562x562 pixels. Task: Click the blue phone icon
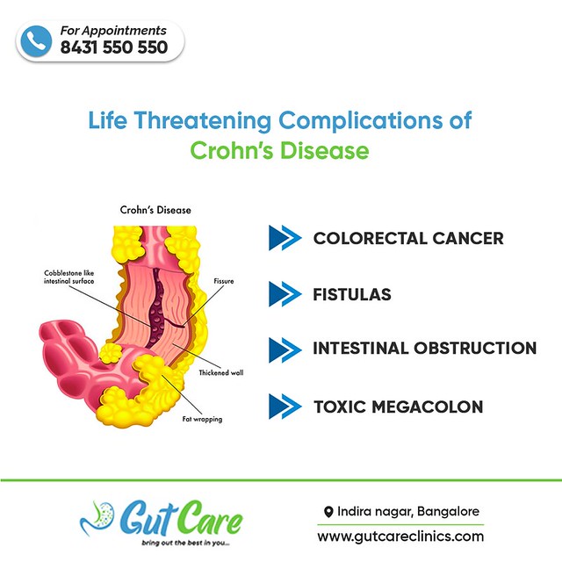[x=37, y=41]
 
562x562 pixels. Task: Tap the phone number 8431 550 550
[x=114, y=48]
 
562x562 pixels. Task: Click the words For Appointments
[x=113, y=31]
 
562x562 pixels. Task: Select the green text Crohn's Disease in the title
[x=280, y=150]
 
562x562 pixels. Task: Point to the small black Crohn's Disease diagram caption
[x=155, y=211]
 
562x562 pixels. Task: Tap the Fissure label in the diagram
[x=225, y=281]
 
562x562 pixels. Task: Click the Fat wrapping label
[x=202, y=419]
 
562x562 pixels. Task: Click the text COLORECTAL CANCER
[x=408, y=238]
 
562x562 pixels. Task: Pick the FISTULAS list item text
[x=352, y=294]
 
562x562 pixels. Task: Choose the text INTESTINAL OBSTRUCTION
[x=424, y=349]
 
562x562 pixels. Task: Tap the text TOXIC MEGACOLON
[x=398, y=407]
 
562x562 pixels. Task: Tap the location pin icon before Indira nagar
[x=328, y=512]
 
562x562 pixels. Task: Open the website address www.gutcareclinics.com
[x=400, y=536]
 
